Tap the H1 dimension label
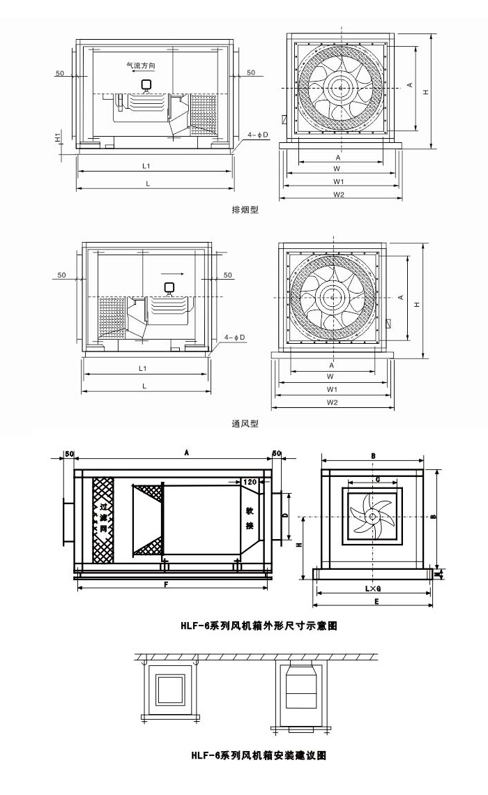(58, 136)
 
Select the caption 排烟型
(245, 210)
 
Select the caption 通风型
(245, 423)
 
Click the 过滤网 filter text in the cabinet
(103, 519)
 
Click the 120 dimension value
(250, 482)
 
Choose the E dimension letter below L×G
(376, 601)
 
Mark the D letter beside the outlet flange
(284, 515)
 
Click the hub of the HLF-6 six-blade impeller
(374, 517)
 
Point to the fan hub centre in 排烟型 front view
(341, 87)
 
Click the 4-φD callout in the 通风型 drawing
(236, 338)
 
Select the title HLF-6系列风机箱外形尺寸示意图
(259, 626)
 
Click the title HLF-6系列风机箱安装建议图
(259, 755)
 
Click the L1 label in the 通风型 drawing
(143, 368)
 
